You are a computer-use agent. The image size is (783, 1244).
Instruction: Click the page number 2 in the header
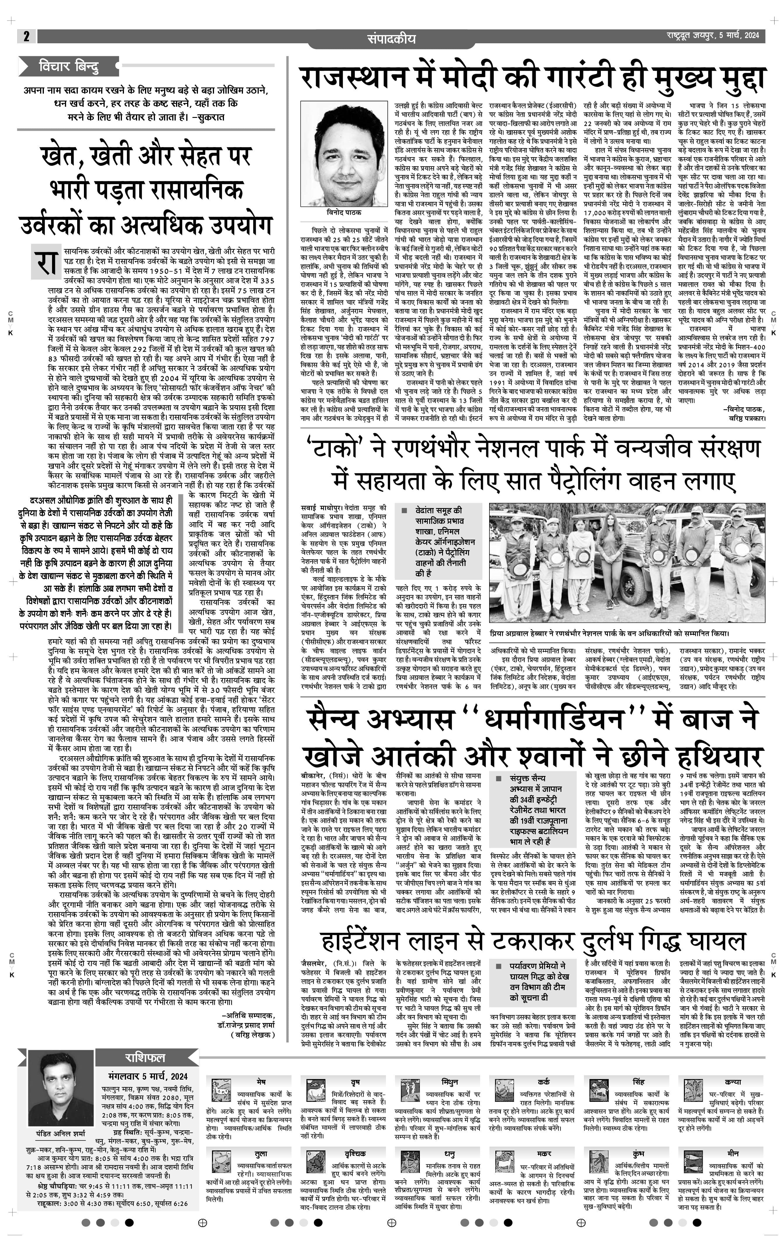tap(26, 36)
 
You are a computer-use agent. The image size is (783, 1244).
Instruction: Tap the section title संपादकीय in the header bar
tap(391, 39)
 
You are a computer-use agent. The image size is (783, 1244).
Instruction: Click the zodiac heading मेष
tap(261, 1081)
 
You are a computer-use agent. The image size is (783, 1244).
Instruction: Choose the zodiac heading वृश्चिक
tap(355, 1154)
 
